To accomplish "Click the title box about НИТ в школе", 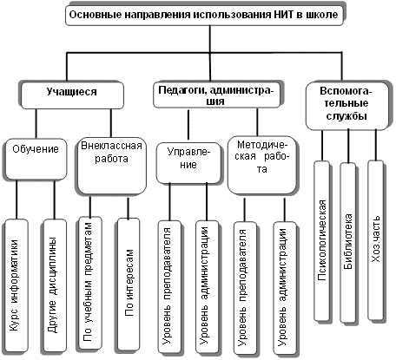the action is click(x=205, y=15).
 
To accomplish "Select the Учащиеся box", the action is click(x=72, y=95).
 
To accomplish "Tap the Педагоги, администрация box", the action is click(x=216, y=95).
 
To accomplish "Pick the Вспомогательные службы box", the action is click(x=346, y=106).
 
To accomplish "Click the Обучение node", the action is click(x=36, y=159).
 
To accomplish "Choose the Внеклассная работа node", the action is click(x=112, y=166).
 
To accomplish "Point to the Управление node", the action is click(x=188, y=163).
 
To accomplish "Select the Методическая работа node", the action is click(x=261, y=165).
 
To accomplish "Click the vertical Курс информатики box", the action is click(x=16, y=285).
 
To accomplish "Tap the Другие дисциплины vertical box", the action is click(x=54, y=285).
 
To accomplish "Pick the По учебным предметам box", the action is click(x=89, y=284).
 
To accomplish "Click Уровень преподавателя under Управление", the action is click(x=169, y=287).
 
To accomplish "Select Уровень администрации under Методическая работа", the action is click(x=285, y=288).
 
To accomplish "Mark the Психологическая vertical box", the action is click(x=321, y=240).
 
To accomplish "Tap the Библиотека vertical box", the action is click(x=347, y=242).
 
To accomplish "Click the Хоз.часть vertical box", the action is click(x=375, y=239).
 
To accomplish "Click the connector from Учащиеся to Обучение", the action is click(x=36, y=124).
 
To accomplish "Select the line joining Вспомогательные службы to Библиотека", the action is click(x=348, y=147).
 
